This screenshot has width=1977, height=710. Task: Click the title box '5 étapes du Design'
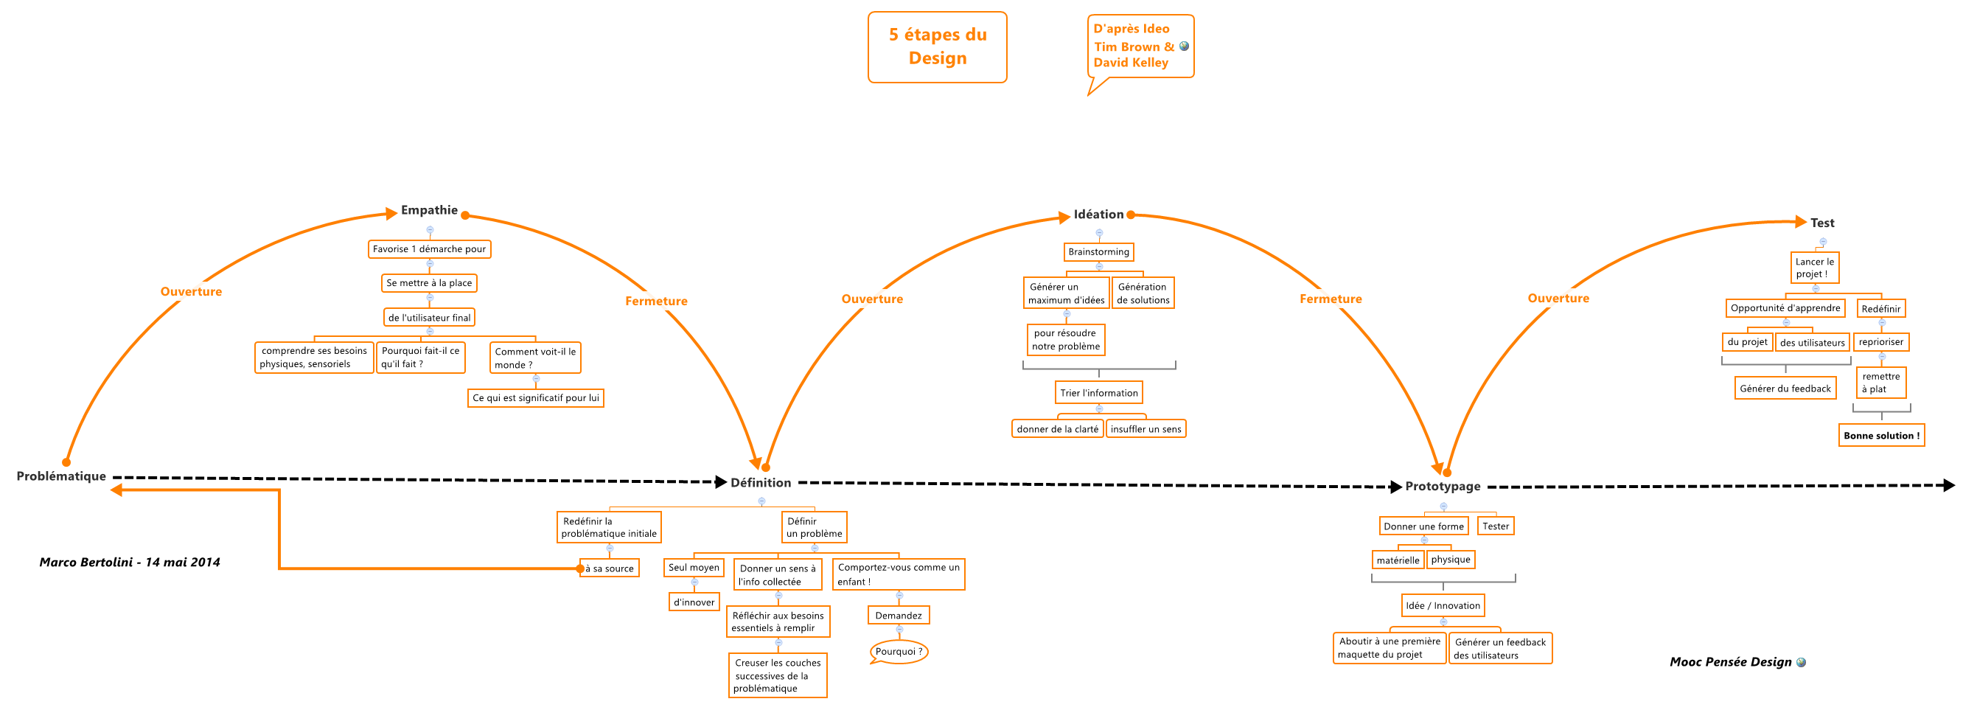click(937, 47)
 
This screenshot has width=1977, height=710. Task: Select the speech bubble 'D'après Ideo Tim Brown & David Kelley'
click(1140, 46)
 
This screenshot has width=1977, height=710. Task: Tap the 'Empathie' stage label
click(429, 210)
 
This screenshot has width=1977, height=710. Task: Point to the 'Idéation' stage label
click(1098, 215)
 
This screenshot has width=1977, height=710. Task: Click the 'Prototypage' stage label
click(1442, 487)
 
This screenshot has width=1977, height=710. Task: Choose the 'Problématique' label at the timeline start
click(61, 477)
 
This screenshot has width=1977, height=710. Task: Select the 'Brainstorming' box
click(1098, 251)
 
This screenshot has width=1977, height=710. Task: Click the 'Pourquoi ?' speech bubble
click(899, 652)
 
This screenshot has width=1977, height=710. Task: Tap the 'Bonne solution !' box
click(1881, 436)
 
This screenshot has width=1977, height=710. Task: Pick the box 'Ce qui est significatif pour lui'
click(536, 398)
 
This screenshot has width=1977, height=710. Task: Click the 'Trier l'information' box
click(1098, 393)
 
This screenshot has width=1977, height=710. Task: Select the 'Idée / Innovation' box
click(1442, 605)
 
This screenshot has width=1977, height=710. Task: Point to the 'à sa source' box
click(610, 568)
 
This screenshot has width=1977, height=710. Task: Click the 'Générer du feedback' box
click(1785, 389)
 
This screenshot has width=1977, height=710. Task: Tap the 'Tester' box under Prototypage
click(1495, 526)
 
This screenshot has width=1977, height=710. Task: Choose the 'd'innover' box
click(694, 602)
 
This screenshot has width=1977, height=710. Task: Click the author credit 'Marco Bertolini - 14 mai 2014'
click(130, 563)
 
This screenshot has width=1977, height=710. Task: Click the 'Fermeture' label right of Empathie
click(656, 302)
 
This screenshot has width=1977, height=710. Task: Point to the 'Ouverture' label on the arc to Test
click(1558, 299)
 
